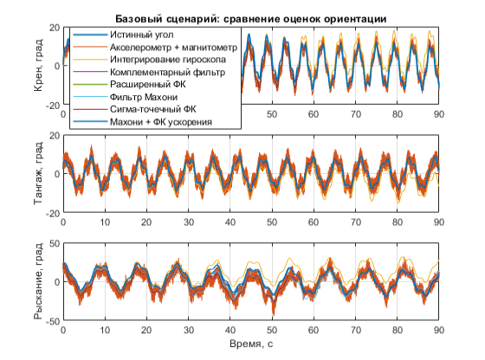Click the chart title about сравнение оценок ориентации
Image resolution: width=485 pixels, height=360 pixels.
coord(251,19)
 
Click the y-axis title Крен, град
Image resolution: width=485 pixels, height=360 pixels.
coord(38,66)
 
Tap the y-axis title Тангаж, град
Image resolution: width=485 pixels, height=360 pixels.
coord(38,173)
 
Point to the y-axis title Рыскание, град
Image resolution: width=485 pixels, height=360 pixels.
coord(38,281)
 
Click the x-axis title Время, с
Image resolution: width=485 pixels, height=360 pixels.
coord(251,344)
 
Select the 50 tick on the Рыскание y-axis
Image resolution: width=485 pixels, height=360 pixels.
coord(55,243)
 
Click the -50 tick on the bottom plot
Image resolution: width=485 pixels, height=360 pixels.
coord(53,321)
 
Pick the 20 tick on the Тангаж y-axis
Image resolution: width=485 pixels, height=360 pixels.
coord(55,135)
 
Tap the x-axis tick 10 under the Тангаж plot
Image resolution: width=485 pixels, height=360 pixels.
coord(105,222)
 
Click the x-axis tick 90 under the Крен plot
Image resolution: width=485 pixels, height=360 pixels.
coord(438,114)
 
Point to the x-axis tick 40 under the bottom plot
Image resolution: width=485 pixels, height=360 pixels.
coord(230,330)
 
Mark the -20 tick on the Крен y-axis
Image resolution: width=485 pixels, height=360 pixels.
coord(53,106)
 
